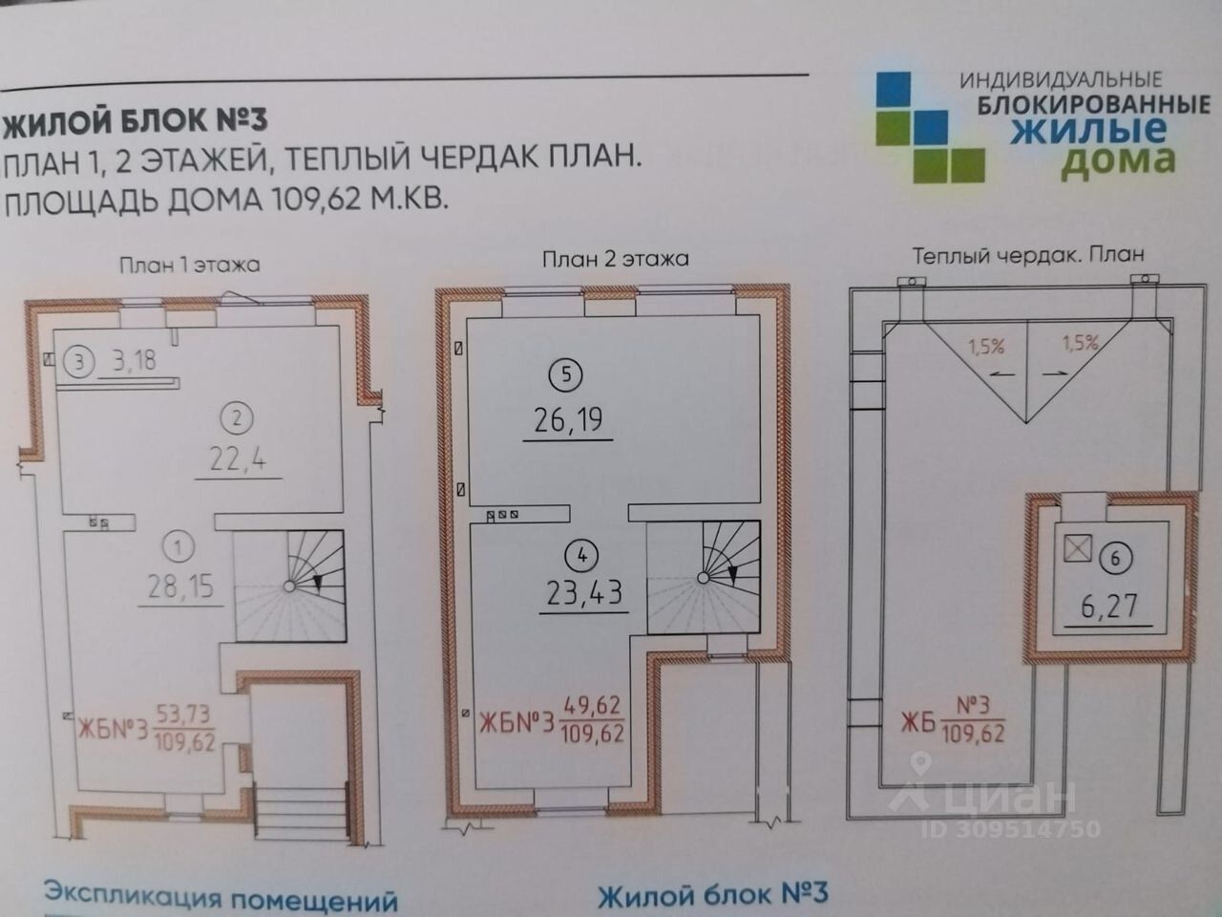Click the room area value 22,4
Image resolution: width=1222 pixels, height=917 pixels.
[x=238, y=459]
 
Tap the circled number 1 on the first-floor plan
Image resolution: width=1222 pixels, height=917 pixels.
[x=179, y=547]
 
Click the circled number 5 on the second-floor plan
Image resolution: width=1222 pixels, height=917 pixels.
[x=566, y=374]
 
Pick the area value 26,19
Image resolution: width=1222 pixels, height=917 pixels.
[x=568, y=419]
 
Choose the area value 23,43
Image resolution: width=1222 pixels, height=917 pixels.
[x=583, y=593]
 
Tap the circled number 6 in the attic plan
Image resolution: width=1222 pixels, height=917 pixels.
[x=1115, y=558]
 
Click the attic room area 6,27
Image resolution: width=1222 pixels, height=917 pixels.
[x=1110, y=607]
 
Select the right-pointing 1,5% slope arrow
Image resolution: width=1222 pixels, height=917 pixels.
[x=1055, y=374]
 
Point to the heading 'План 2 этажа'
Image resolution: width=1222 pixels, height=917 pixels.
[x=615, y=259]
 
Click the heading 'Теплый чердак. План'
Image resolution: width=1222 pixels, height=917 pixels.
[x=1027, y=255]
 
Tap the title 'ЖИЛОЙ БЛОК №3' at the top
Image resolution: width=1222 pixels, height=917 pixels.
[x=135, y=120]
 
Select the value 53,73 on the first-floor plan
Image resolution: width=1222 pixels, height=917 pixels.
[x=182, y=714]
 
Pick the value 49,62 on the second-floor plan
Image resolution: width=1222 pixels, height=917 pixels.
[x=592, y=706]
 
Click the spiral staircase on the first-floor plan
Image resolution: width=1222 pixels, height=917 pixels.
[x=290, y=586]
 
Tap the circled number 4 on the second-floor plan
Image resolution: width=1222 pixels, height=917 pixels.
[x=581, y=555]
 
